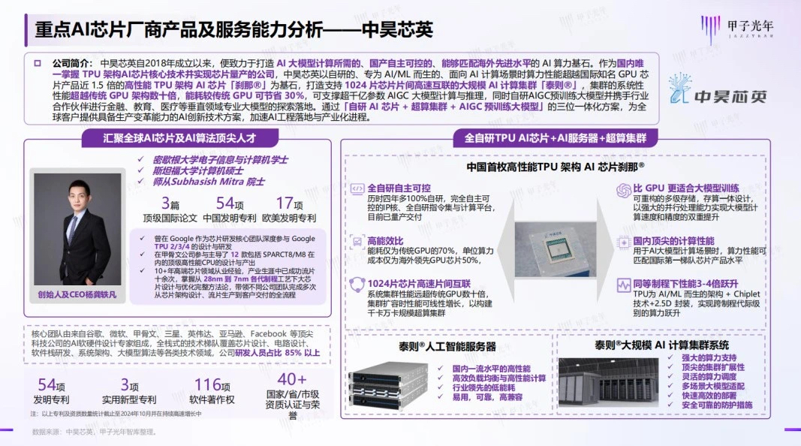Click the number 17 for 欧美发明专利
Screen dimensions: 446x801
[283, 204]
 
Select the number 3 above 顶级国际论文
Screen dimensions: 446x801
[165, 204]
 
